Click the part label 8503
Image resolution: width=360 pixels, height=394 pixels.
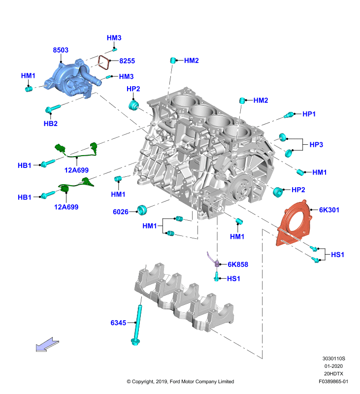tap(61, 50)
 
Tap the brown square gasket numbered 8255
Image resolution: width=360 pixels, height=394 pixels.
tap(103, 63)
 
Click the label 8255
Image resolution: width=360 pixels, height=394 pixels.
tap(127, 61)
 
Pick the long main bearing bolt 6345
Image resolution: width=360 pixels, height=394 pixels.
tap(137, 325)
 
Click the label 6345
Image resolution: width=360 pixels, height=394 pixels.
tap(118, 323)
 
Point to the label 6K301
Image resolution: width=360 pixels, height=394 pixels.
tap(329, 210)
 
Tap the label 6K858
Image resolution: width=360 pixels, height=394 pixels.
tap(238, 264)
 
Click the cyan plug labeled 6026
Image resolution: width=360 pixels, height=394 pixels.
tap(142, 210)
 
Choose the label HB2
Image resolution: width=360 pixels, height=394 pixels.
tap(51, 124)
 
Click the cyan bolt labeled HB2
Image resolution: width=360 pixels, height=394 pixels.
tap(53, 108)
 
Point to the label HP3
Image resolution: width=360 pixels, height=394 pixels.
tap(316, 144)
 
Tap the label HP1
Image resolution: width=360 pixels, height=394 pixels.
tap(309, 114)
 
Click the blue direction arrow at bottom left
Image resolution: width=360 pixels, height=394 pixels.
tap(47, 344)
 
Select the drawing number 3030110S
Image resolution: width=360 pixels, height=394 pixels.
tap(333, 359)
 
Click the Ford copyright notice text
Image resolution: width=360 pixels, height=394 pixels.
tap(180, 381)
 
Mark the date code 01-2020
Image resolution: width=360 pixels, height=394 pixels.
tap(333, 366)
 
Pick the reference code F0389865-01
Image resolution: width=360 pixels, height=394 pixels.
tap(333, 381)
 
